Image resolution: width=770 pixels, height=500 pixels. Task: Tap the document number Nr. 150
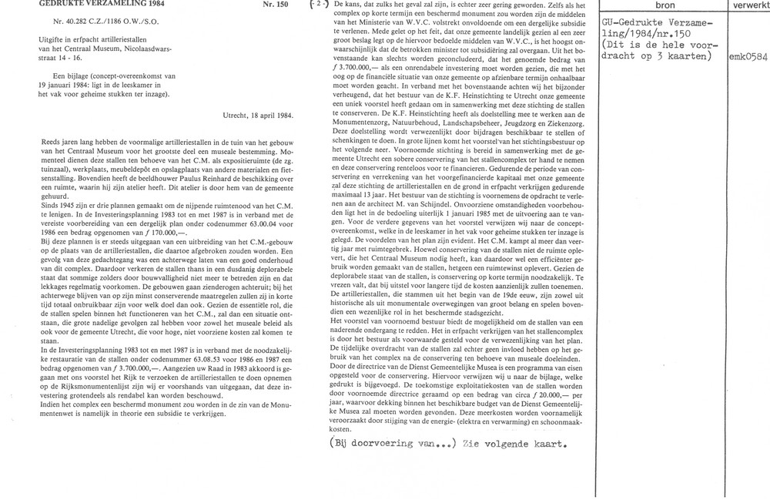pos(276,5)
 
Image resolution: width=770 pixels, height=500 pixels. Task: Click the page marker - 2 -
pos(316,5)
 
